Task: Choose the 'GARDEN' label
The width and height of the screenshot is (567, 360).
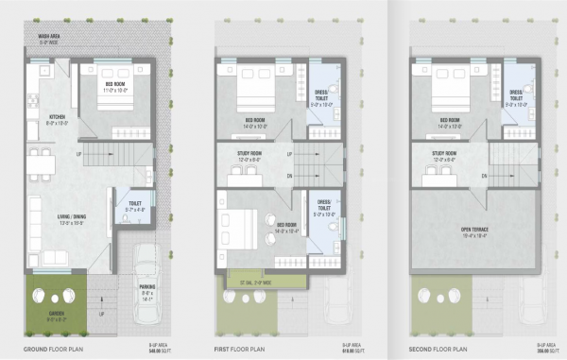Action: click(56, 317)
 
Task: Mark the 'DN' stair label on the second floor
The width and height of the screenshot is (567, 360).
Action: click(483, 176)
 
